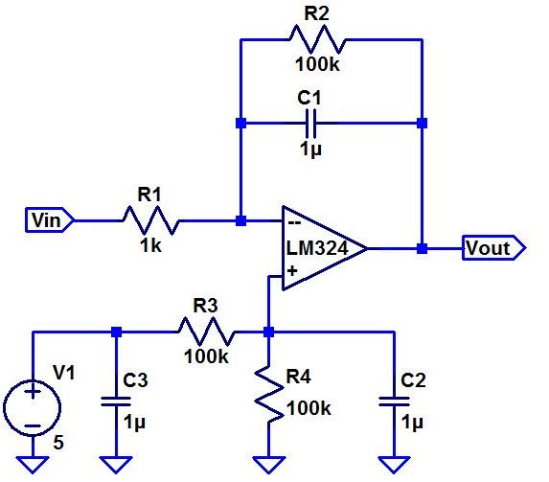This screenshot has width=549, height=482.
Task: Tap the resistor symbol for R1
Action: (149, 220)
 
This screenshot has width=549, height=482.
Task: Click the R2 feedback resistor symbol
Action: (316, 40)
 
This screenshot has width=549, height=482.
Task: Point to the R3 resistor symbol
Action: (205, 333)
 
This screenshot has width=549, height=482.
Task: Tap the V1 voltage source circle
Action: (34, 406)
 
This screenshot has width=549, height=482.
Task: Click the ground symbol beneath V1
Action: (34, 465)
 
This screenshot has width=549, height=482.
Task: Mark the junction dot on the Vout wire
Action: (422, 248)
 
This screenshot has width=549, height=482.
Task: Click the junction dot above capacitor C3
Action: (116, 333)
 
